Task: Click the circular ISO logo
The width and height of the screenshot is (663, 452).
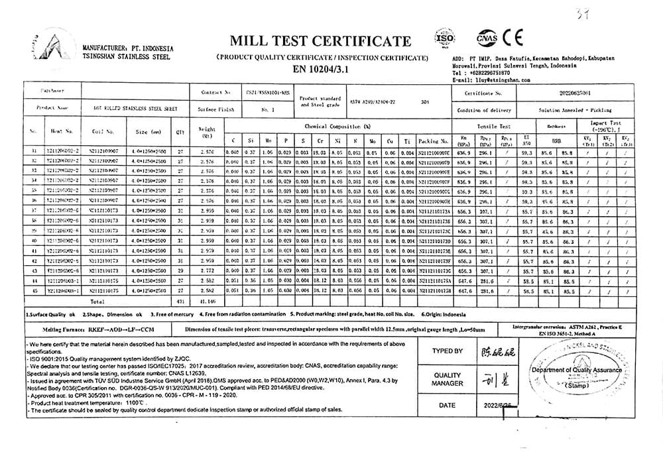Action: [x=444, y=36]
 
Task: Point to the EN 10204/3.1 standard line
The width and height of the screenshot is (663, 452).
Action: [x=324, y=69]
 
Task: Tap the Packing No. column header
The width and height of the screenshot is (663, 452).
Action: [x=433, y=141]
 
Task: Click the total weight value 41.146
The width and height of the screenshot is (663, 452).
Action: [x=208, y=300]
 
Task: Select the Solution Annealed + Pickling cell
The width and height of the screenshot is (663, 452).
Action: [x=575, y=110]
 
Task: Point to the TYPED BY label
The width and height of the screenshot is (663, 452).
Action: [x=447, y=351]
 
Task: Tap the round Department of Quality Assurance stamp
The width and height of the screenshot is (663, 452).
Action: [x=581, y=375]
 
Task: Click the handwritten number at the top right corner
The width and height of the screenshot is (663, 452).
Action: [x=620, y=11]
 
